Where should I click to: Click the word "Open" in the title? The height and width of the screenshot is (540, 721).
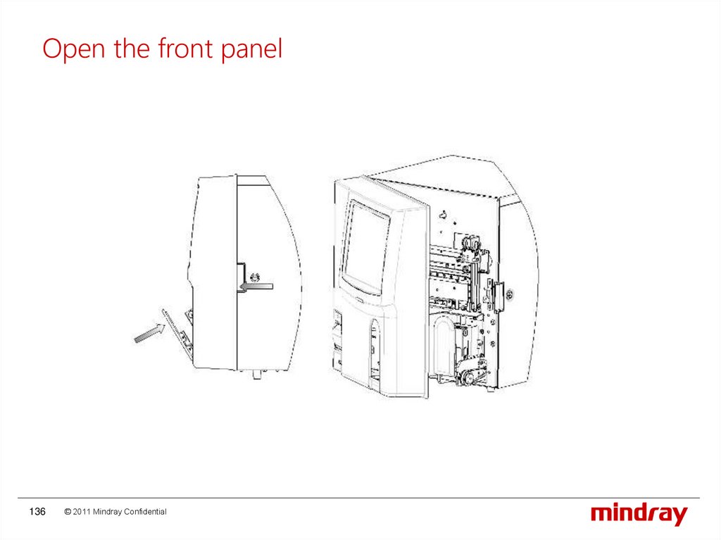pos(73,49)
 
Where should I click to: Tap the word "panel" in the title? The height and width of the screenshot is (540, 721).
pos(251,49)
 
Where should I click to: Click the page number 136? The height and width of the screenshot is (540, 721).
pos(37,511)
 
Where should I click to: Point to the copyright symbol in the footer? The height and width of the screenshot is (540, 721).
pos(68,511)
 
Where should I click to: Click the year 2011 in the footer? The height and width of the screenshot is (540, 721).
pos(82,511)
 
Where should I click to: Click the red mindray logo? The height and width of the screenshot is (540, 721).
pos(639,514)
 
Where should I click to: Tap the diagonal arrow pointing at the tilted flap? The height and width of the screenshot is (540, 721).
pos(149,332)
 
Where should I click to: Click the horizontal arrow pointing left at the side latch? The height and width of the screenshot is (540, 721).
pos(256,287)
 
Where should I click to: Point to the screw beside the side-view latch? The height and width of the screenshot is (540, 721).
pos(254,277)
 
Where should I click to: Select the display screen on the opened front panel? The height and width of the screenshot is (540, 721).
pos(366,247)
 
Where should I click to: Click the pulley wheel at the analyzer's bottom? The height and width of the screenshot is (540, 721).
pos(467,378)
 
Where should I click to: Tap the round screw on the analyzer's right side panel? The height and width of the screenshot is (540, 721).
pos(509,294)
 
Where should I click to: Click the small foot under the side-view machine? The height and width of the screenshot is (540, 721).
pos(256,374)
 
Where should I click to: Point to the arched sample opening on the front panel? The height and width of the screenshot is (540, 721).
pos(375,347)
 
